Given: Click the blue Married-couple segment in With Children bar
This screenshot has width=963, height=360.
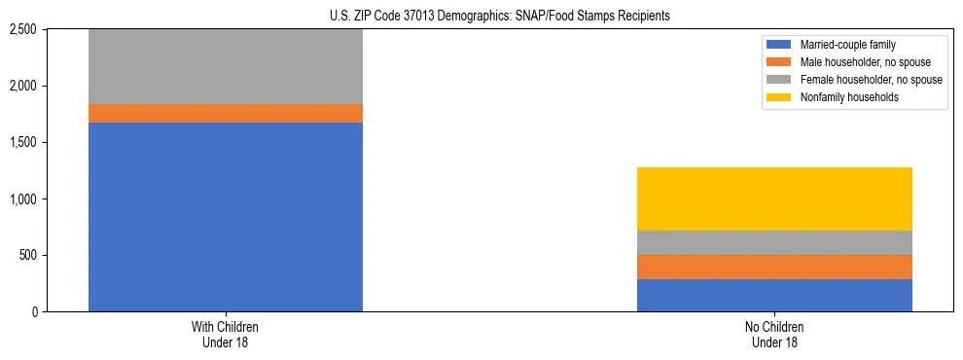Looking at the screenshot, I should (x=225, y=216).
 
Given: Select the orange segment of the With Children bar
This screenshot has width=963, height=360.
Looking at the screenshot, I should (x=225, y=113).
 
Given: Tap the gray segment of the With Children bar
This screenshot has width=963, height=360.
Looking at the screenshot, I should (x=225, y=66).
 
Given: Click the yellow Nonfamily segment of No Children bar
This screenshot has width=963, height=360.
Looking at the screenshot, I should (x=774, y=198).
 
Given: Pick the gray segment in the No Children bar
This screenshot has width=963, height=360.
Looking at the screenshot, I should (x=774, y=242).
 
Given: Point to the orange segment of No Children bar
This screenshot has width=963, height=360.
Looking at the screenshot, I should (x=774, y=267).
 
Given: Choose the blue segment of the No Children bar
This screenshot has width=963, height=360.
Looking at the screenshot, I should (x=774, y=295).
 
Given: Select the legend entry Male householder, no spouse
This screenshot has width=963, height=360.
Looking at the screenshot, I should (x=857, y=62).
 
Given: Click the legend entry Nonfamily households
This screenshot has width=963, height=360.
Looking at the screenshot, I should (x=842, y=97).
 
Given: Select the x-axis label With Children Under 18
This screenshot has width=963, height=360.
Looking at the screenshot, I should (x=225, y=334).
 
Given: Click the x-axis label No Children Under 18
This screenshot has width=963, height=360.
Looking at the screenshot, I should (x=774, y=334).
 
